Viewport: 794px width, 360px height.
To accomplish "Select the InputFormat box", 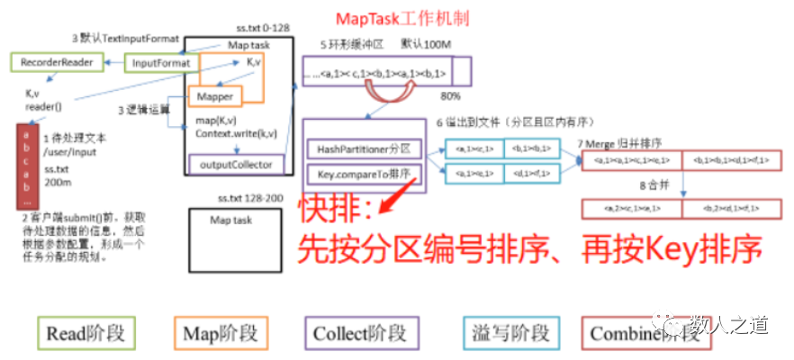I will coord(160,63).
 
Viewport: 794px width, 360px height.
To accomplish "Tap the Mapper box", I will coord(214,96).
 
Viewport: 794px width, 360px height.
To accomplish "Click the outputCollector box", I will coord(236,164).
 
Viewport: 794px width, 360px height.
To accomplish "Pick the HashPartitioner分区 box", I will coord(362,147).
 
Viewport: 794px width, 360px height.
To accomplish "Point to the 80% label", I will coord(452,94).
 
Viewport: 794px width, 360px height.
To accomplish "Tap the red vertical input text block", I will coord(27,161).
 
